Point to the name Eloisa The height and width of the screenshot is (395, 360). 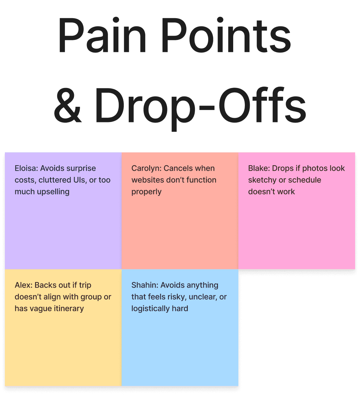26,168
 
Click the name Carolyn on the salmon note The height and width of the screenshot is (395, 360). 146,168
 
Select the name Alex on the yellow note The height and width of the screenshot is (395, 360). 23,285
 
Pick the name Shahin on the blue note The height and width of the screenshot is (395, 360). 144,285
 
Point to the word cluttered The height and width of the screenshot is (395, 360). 53,180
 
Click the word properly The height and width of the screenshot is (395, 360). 146,192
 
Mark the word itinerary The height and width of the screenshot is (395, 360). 68,308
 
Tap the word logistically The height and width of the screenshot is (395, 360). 150,308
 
